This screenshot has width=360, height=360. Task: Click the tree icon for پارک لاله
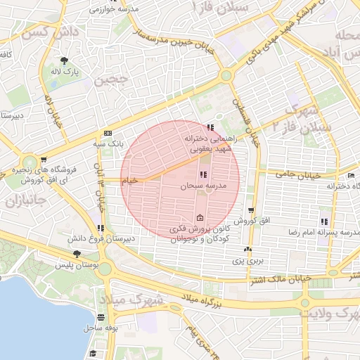(x=65, y=60)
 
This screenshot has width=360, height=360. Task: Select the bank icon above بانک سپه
(x=108, y=133)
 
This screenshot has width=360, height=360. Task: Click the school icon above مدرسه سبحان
(x=202, y=174)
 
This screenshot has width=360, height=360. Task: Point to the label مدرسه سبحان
(x=202, y=186)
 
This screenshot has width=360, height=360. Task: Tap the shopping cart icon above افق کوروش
(x=251, y=210)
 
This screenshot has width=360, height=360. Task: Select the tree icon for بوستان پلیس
(x=77, y=254)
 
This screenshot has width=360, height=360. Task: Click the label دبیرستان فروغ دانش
(x=103, y=238)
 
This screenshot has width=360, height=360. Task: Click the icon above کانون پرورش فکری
(x=201, y=217)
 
